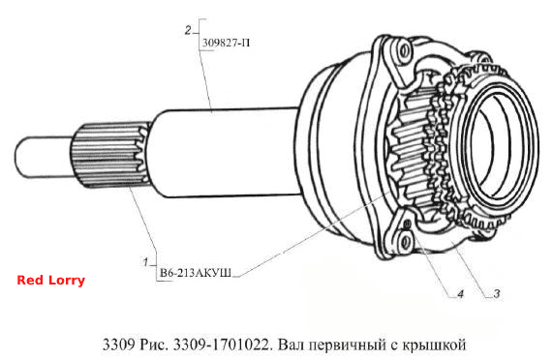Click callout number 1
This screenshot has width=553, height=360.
click(x=145, y=261)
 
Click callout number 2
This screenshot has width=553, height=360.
click(x=188, y=30)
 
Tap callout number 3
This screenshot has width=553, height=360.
click(x=496, y=293)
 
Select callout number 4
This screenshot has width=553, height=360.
click(x=460, y=293)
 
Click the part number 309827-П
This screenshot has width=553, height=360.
click(x=226, y=43)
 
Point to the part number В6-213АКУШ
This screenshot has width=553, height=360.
click(x=196, y=273)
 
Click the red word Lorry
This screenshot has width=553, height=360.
click(x=67, y=281)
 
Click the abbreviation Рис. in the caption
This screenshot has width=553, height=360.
click(x=154, y=345)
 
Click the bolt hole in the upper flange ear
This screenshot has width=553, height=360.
click(x=404, y=51)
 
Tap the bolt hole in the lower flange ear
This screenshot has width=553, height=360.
click(x=406, y=242)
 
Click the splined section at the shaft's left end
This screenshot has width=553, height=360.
click(x=110, y=154)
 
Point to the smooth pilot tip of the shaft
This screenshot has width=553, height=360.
click(x=44, y=157)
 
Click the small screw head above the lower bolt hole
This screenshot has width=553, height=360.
click(x=408, y=224)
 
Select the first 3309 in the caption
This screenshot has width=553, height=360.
click(x=118, y=345)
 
